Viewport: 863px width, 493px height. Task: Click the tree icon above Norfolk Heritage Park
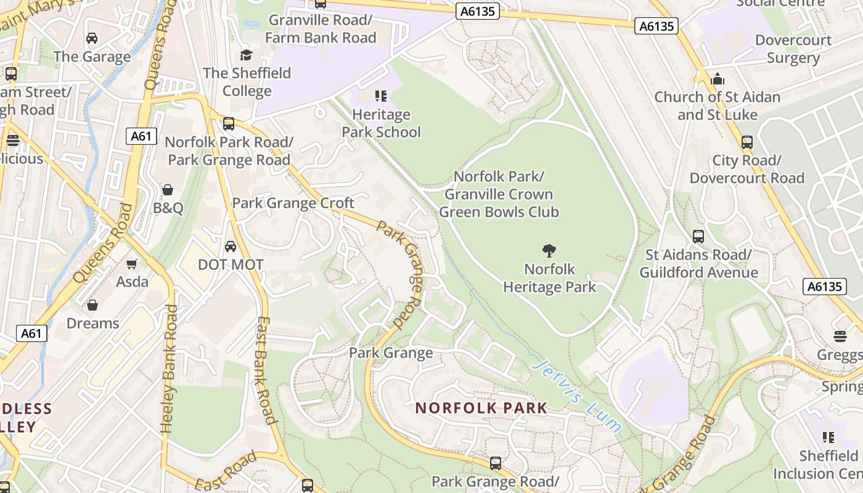point(549,250)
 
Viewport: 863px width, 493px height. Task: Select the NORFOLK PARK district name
point(481,408)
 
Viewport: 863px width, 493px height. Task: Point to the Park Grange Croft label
point(293,203)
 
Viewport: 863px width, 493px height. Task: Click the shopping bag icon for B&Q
point(167,190)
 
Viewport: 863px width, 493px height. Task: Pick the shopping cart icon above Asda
point(131,264)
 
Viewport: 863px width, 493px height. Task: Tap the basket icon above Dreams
point(92,305)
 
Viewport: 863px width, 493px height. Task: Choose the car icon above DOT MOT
point(230,246)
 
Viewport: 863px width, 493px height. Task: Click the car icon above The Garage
point(92,38)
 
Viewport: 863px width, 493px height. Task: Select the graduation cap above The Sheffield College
point(247,55)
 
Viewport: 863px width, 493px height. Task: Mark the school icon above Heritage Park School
point(381,96)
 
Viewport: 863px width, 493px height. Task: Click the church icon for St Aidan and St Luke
point(717,79)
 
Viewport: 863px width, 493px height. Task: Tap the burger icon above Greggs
point(840,336)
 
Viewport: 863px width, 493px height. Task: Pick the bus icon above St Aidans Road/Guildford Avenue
point(698,236)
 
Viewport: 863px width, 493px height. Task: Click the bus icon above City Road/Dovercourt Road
point(747,142)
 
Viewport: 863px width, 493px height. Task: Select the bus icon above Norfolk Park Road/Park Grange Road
point(229,124)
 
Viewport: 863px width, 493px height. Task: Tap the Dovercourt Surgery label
point(793,49)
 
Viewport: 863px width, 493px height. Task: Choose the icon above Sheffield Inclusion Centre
point(828,438)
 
